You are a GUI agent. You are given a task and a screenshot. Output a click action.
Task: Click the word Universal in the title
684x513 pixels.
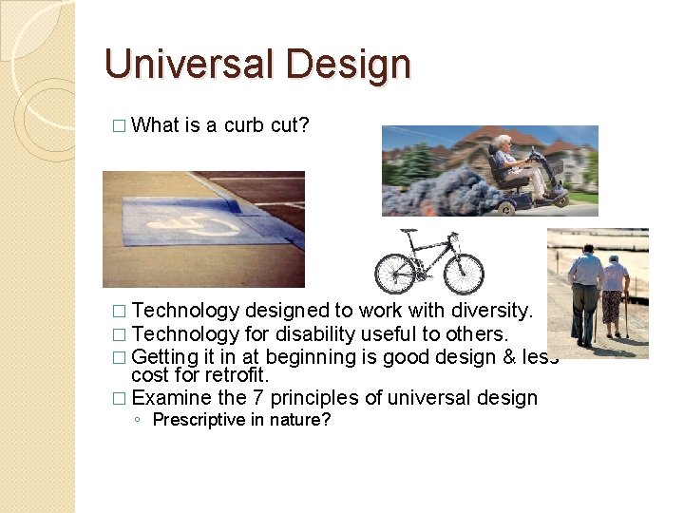click(x=180, y=65)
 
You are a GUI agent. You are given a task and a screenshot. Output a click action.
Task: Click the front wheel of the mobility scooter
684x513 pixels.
click(x=559, y=198)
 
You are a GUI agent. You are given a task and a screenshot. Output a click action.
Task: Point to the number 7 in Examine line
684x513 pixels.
click(x=292, y=398)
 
